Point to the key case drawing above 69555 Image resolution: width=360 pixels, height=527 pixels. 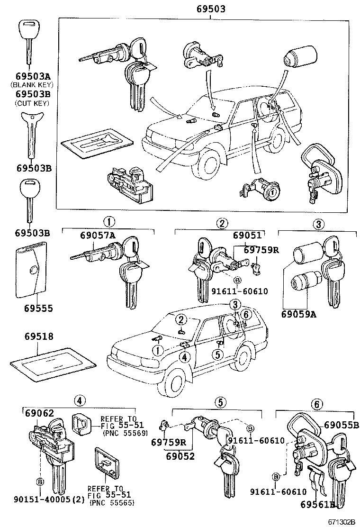(32, 271)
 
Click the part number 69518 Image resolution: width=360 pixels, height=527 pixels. (39, 336)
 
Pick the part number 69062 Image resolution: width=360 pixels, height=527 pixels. (40, 413)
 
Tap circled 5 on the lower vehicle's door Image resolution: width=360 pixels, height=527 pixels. (218, 354)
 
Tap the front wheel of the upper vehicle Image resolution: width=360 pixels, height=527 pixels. (209, 164)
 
